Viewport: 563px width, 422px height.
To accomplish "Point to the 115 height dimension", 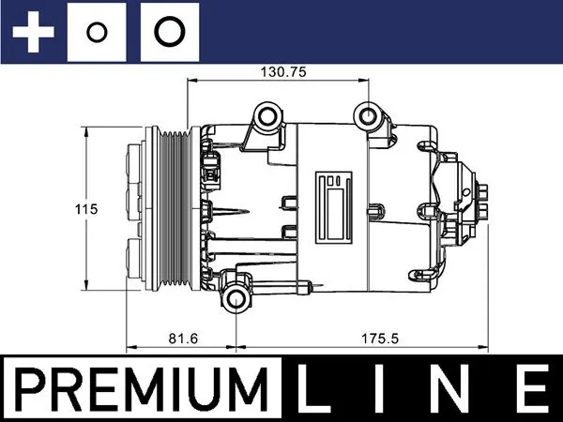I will pos(87,210).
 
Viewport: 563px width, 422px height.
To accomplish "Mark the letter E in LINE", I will pos(530,388).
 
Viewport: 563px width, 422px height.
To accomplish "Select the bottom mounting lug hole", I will pos(235,301).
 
